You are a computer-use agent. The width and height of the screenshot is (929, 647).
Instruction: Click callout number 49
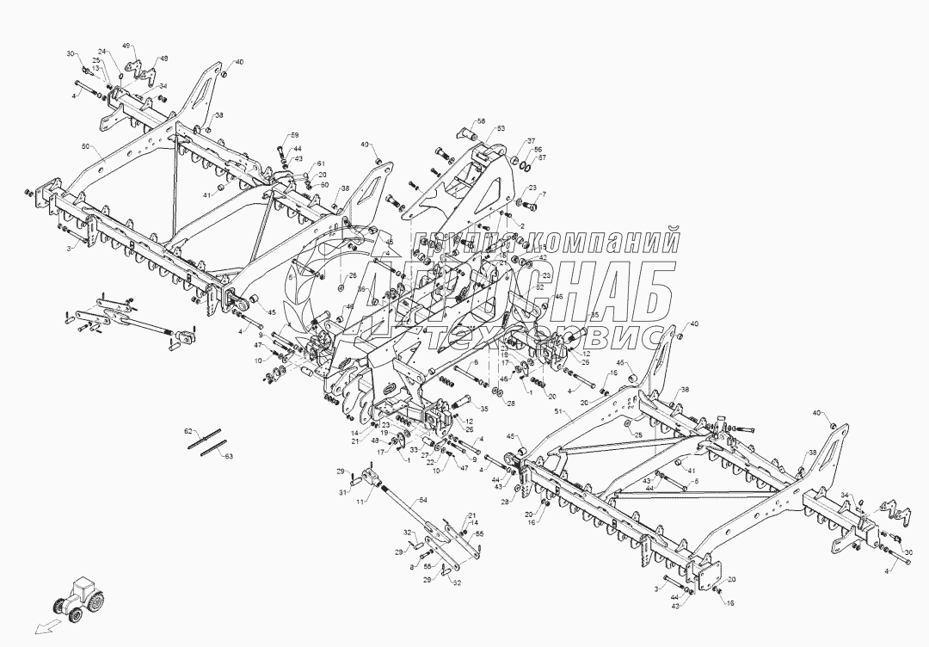point(126,45)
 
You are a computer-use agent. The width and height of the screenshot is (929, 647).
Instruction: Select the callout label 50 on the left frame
point(84,148)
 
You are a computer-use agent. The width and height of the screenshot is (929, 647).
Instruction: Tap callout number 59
point(294,136)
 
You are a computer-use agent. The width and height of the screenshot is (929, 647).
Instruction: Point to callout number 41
point(207,195)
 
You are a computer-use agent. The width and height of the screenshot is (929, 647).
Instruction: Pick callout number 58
point(482,121)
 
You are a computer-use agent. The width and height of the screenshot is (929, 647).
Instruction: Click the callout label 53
point(502,128)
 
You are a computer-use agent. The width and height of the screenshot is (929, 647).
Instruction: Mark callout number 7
point(543,194)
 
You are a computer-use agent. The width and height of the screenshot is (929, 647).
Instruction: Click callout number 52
point(539,287)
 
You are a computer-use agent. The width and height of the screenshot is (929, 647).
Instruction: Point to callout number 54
point(422,499)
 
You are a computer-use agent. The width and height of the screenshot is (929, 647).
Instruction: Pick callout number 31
point(341,492)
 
